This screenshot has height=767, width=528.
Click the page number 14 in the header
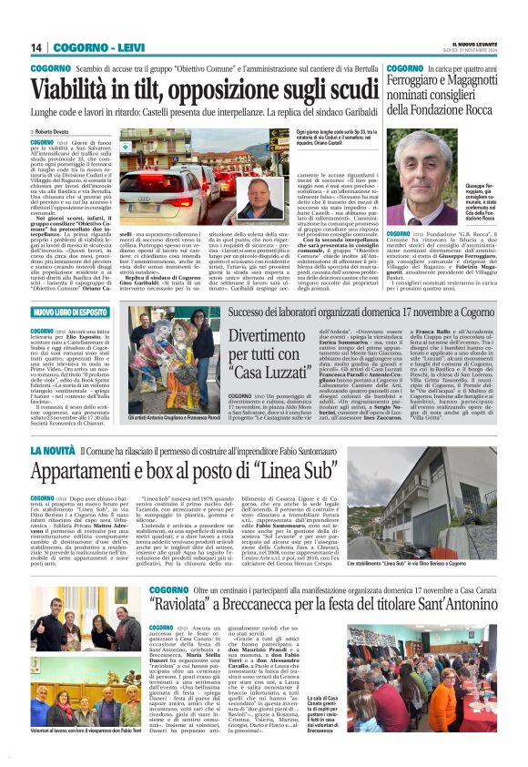click(x=37, y=47)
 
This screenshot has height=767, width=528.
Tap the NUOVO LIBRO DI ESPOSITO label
click(x=74, y=312)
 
